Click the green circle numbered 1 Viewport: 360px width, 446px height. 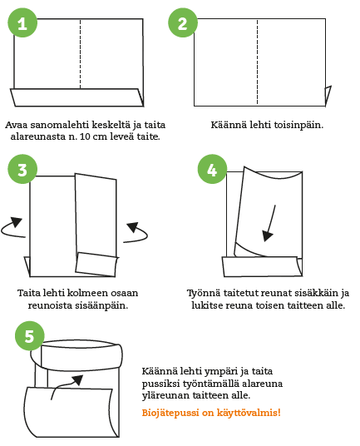tap(22, 22)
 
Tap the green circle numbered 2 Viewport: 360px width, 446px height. tap(183, 22)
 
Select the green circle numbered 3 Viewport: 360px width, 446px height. tap(22, 170)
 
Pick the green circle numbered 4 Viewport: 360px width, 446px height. tap(212, 170)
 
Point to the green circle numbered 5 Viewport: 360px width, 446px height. tap(30, 336)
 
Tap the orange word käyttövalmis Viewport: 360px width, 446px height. tap(249, 413)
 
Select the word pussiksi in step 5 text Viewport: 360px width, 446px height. tap(160, 384)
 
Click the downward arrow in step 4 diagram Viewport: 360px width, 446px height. tap(269, 223)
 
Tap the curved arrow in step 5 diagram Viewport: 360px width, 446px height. tap(64, 384)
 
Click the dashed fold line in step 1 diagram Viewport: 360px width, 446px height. tap(80, 54)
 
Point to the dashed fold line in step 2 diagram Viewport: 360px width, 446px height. tap(257, 62)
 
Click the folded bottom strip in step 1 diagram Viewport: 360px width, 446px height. tap(77, 97)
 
